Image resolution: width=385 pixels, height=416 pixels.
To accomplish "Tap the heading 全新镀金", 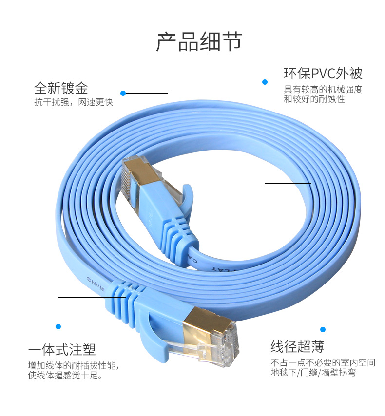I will coord(61,88).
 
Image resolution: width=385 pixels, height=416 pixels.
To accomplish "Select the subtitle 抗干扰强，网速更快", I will coord(73,102).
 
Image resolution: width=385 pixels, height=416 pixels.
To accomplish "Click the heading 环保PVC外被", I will coord(323,74).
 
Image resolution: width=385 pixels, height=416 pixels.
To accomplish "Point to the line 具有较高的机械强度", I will coord(323,90).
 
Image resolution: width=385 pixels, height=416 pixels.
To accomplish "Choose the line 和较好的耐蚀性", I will coord(314,99).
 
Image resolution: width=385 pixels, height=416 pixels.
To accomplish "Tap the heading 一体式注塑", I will coord(62,350).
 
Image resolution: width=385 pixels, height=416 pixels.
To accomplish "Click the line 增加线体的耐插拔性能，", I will coord(74,365).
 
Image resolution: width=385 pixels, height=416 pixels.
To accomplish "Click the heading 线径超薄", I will coord(297,347).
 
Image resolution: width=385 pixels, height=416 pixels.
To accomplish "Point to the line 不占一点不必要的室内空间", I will coord(323,363).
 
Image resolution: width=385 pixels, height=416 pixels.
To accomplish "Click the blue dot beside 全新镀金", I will coord(123,93).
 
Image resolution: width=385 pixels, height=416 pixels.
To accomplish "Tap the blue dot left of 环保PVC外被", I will coord(265,82).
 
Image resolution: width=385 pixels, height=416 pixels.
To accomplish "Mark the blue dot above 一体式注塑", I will coord(58,326).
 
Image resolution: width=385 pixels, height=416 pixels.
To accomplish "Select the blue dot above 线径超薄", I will coord(323,329).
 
